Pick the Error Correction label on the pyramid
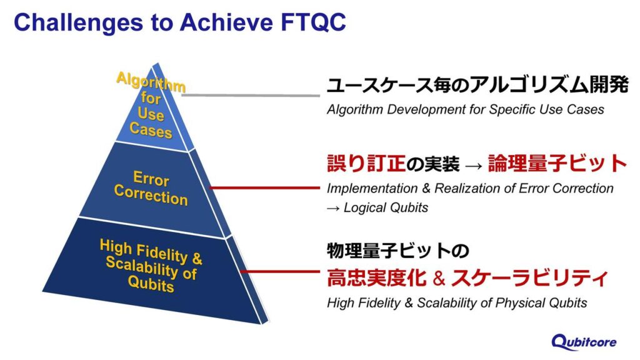coord(151,188)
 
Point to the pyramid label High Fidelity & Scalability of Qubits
coord(151,265)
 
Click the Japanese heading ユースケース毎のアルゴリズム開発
coord(477,86)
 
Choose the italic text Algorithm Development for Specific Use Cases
coord(465,109)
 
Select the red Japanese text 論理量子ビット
coord(557,164)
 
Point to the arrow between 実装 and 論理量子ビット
coord(473,165)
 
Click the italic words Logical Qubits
coord(386,207)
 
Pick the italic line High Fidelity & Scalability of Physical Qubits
coord(457,302)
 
